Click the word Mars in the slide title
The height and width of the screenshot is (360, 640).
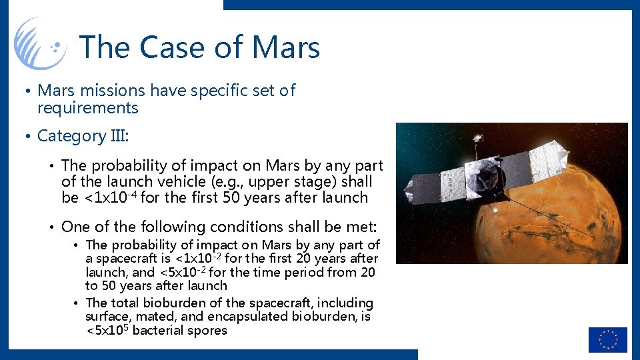tap(286, 47)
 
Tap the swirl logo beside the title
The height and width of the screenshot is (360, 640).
tap(40, 43)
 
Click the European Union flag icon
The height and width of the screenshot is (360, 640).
tap(607, 339)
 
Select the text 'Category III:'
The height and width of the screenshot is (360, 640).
tap(83, 136)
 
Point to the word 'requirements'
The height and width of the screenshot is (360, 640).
tap(87, 108)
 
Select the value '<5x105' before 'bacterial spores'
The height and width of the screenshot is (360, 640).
tap(107, 330)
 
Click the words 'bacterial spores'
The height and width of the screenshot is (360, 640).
tap(180, 331)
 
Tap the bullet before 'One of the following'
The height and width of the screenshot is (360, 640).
tap(51, 227)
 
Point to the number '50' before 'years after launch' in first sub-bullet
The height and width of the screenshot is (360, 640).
tap(233, 197)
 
